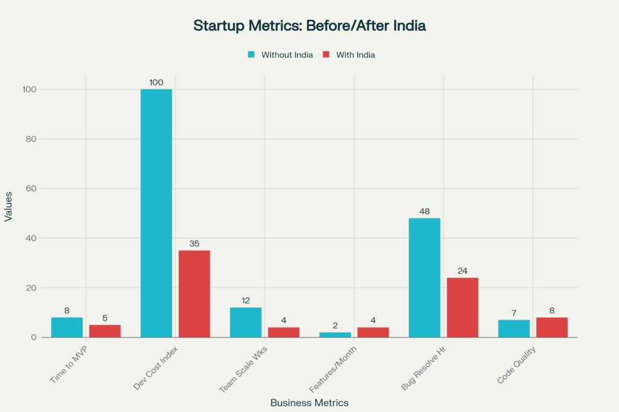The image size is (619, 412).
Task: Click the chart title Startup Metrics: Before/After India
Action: (x=309, y=26)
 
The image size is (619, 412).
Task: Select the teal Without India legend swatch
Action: (x=251, y=55)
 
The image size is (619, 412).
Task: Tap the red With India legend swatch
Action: (x=326, y=55)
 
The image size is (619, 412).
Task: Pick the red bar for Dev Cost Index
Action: (x=194, y=294)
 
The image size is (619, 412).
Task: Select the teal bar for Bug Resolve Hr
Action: (x=424, y=277)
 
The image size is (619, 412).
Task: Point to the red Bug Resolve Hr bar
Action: (x=462, y=307)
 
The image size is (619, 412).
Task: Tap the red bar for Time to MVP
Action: (x=105, y=330)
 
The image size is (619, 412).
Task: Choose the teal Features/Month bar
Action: (x=335, y=334)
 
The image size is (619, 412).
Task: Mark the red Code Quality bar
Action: (x=552, y=327)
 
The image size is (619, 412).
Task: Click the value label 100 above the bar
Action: (x=156, y=82)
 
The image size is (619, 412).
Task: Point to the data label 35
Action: (x=194, y=243)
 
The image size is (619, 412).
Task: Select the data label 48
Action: (x=424, y=211)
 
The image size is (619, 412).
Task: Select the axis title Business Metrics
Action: (x=309, y=402)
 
